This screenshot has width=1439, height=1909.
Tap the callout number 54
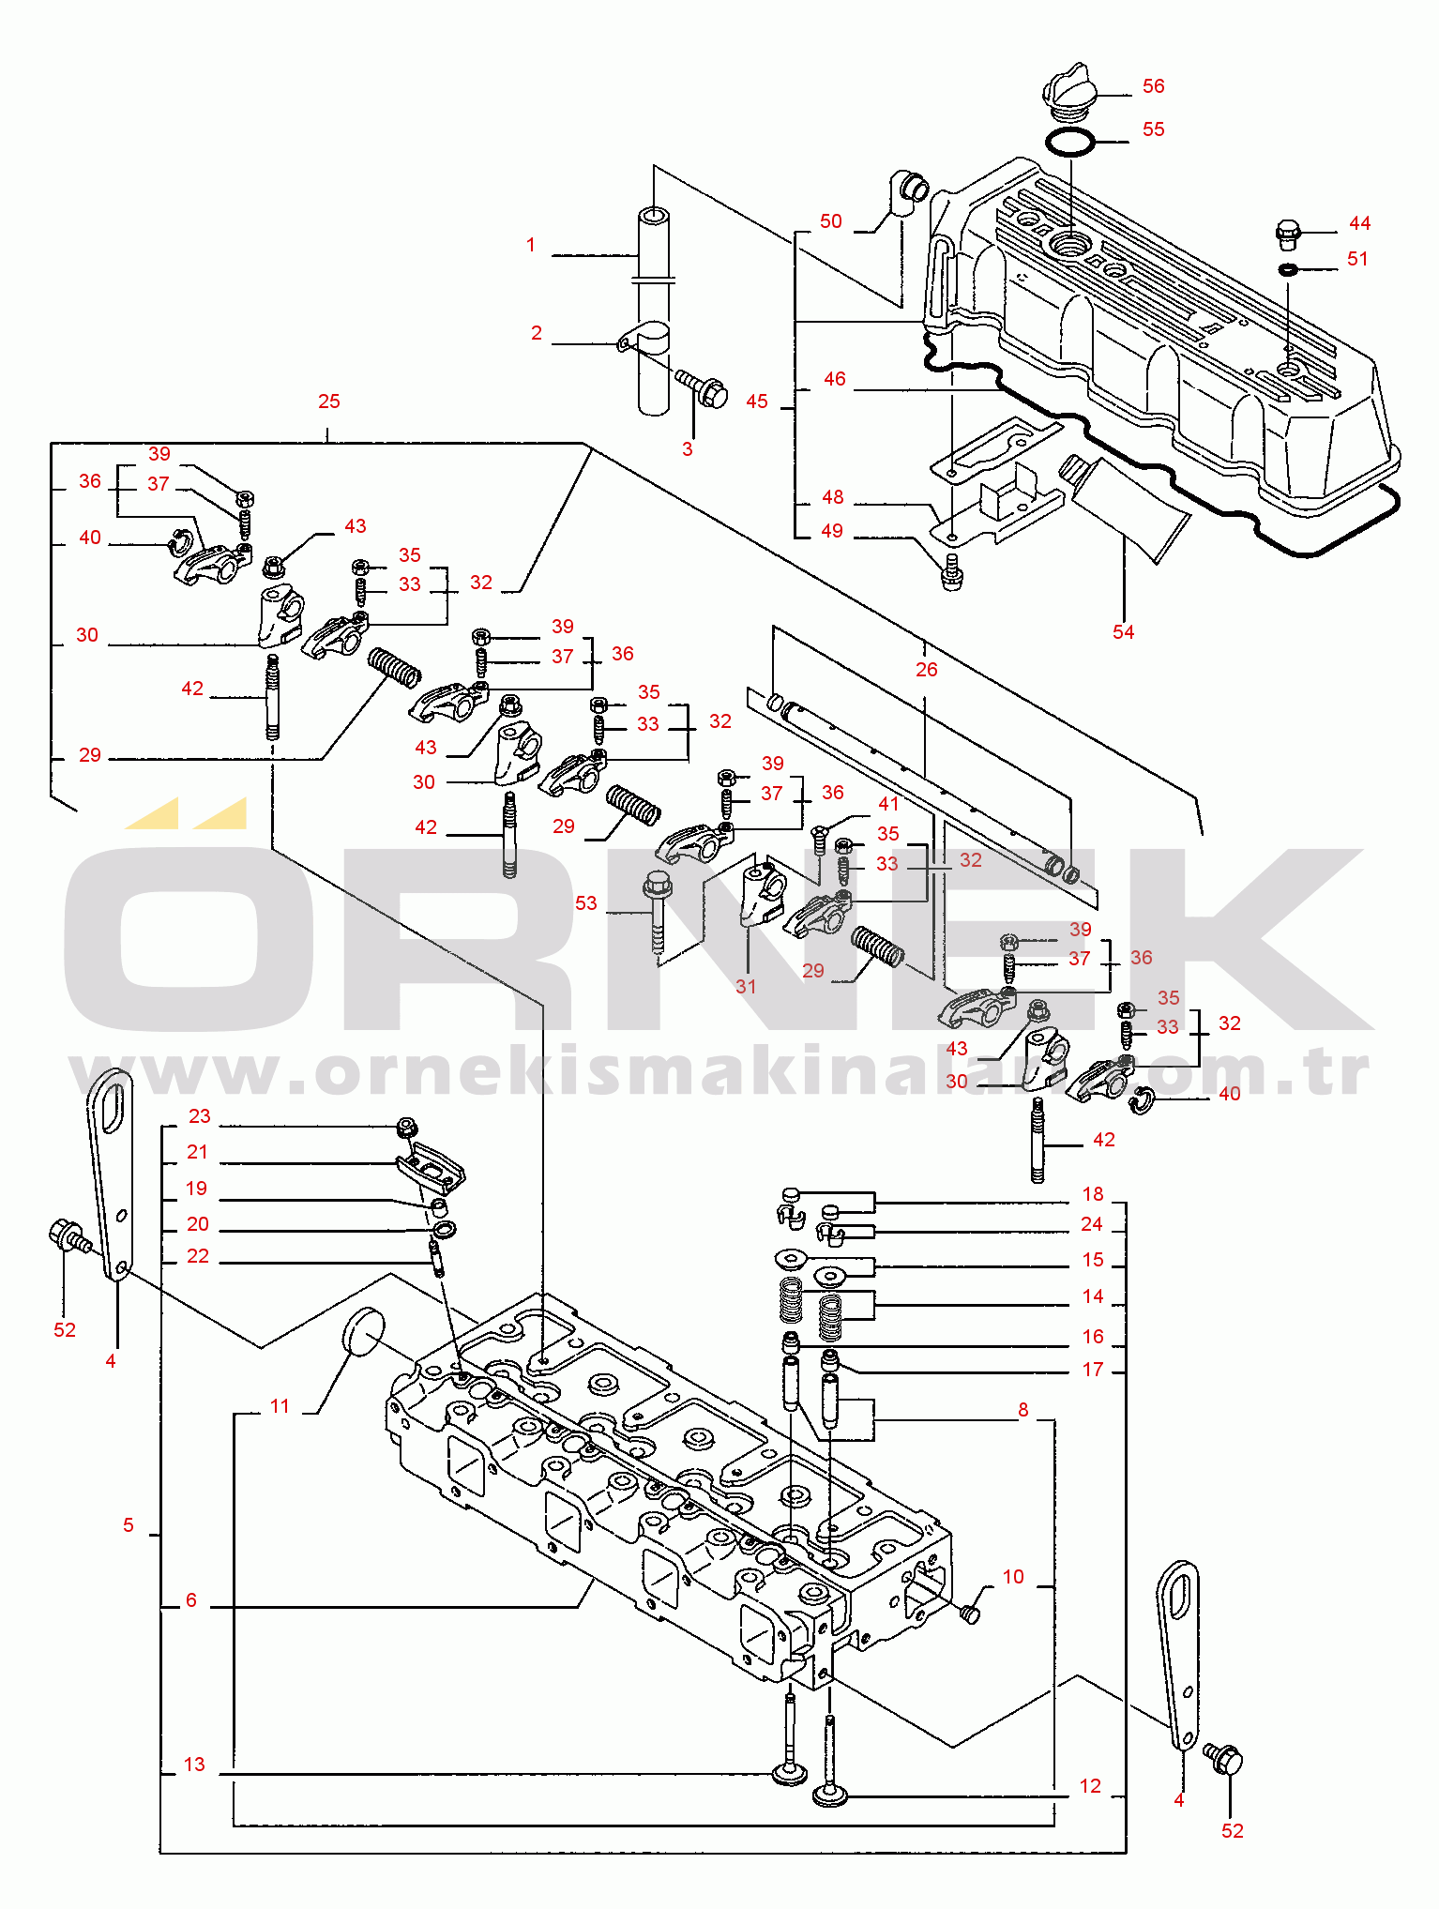click(1123, 632)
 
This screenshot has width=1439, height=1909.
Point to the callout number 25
click(328, 401)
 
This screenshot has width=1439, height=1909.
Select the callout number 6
click(191, 1600)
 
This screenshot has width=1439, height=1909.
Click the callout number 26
click(926, 669)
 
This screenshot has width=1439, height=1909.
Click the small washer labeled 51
click(1288, 270)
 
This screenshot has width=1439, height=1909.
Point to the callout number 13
click(194, 1765)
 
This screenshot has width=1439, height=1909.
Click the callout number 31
click(746, 986)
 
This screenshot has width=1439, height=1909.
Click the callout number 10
click(1013, 1577)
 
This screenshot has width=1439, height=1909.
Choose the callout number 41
click(888, 804)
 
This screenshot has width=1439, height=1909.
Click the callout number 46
click(835, 379)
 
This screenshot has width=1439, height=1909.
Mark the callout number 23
click(200, 1116)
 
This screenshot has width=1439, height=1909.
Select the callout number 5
click(129, 1525)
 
